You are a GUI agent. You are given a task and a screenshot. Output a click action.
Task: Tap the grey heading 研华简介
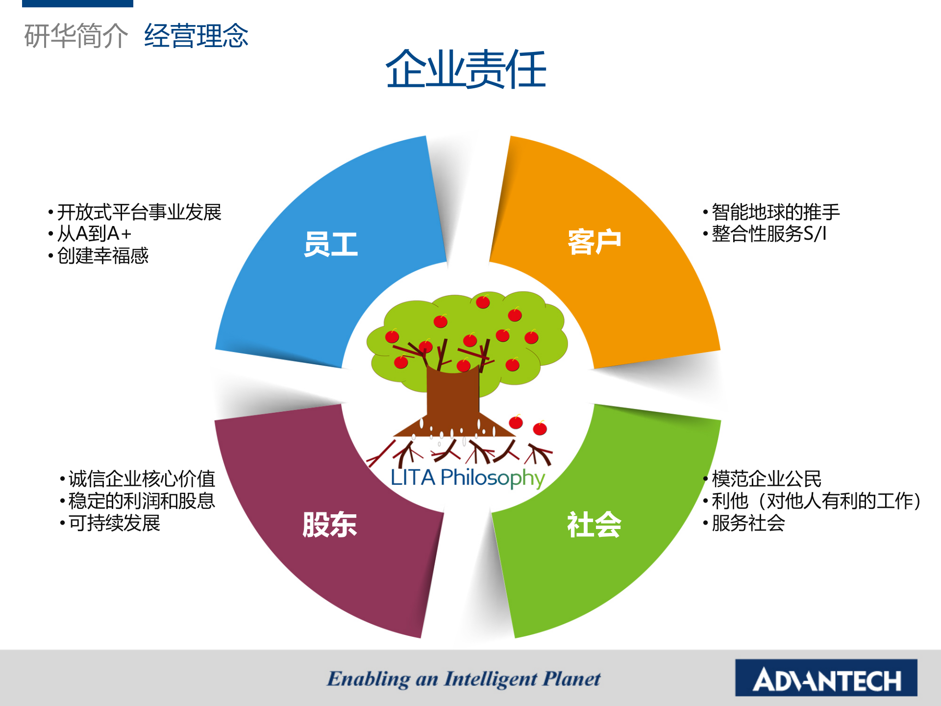click(x=76, y=36)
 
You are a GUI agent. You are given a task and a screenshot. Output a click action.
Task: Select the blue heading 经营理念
click(x=196, y=36)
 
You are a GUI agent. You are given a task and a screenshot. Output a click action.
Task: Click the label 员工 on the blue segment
click(x=331, y=244)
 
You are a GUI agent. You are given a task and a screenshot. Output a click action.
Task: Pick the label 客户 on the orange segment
click(x=594, y=241)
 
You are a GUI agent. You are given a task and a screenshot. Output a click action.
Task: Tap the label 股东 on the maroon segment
click(x=329, y=525)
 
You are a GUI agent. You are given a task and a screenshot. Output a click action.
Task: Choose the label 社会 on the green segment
click(x=594, y=525)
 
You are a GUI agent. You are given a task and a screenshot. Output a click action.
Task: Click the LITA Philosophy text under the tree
click(x=468, y=478)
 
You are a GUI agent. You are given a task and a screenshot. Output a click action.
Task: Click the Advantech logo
click(x=826, y=678)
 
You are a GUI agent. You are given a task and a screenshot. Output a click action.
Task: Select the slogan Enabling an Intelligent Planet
click(x=464, y=679)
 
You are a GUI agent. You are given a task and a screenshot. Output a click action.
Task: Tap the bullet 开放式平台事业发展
click(x=139, y=212)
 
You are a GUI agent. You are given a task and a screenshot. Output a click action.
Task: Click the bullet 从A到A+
click(x=94, y=234)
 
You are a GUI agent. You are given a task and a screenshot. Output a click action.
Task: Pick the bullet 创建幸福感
click(x=102, y=255)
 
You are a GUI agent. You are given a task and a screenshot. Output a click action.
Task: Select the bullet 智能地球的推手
click(x=775, y=212)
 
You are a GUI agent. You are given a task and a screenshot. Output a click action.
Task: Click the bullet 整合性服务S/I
click(x=768, y=234)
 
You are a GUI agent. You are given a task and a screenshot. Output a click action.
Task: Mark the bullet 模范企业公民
click(x=766, y=479)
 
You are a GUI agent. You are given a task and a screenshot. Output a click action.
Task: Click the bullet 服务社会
click(x=748, y=523)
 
